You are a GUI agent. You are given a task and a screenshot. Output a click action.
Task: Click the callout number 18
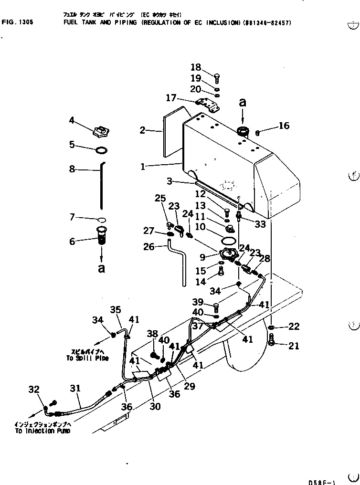click(196, 68)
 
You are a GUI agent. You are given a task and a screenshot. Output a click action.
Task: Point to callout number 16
click(284, 126)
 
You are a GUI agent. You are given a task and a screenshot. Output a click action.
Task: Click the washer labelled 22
click(272, 327)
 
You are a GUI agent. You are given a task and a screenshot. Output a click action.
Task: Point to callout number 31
click(76, 389)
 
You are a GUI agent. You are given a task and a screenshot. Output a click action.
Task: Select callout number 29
click(189, 386)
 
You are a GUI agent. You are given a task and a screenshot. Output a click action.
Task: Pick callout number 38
click(152, 334)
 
